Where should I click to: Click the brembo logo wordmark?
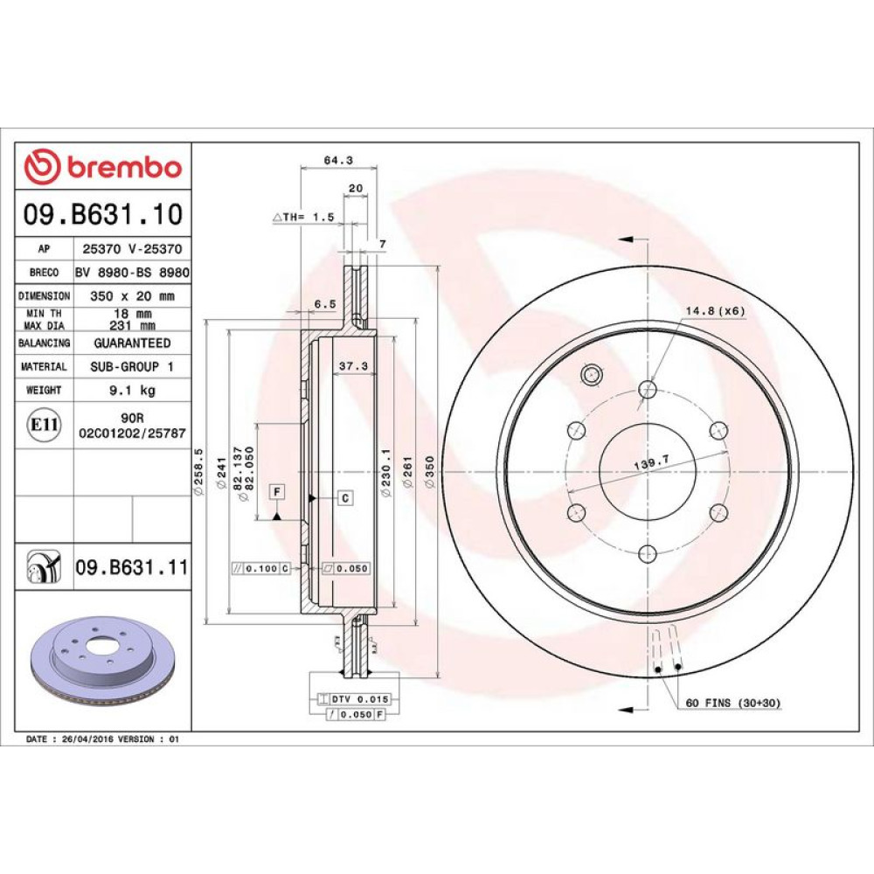(124, 167)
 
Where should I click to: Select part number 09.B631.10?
(103, 215)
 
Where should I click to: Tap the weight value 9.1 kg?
(132, 390)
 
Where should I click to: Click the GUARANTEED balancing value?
(132, 343)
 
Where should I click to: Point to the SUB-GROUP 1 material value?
(132, 366)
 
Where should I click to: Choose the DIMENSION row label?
(44, 296)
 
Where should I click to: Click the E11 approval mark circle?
(44, 425)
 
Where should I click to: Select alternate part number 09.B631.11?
(132, 567)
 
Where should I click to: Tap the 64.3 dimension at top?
(338, 160)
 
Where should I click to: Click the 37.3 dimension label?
(353, 365)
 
